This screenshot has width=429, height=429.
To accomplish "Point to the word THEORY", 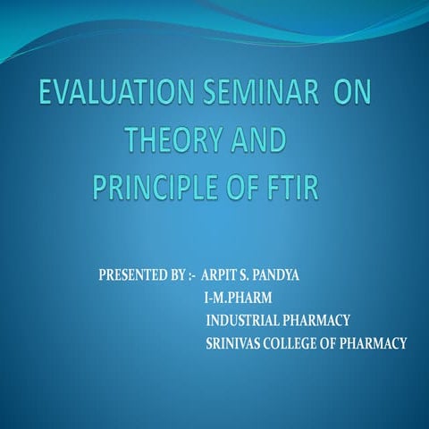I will click(x=169, y=142).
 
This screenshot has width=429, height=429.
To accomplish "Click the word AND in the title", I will click(x=254, y=142).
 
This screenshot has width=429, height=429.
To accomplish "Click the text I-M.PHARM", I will click(x=239, y=296).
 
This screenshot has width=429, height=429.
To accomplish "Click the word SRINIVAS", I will click(x=234, y=342).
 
